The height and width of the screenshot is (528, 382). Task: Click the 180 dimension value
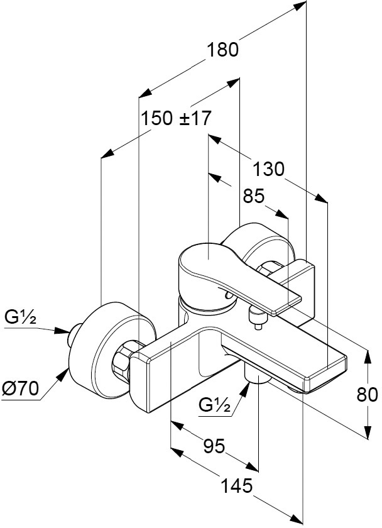click(x=222, y=50)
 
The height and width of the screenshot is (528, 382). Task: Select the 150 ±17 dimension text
click(x=176, y=118)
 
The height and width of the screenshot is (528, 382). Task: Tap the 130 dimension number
click(x=268, y=169)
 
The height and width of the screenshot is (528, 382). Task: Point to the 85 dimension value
click(x=254, y=196)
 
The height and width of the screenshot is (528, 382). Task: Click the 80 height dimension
click(x=367, y=394)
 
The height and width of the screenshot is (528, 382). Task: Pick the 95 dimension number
click(x=214, y=446)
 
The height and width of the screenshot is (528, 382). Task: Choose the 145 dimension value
click(x=237, y=485)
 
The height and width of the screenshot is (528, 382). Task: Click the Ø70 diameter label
click(x=20, y=389)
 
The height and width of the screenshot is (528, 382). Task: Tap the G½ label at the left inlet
click(x=20, y=317)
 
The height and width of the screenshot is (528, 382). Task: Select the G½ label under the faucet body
click(x=215, y=404)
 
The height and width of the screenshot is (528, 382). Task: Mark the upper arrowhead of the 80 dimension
click(x=368, y=358)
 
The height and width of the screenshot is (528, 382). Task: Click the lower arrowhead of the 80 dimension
click(x=368, y=432)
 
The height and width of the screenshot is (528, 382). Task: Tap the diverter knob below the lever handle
click(x=258, y=318)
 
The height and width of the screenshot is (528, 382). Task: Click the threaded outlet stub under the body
click(x=258, y=374)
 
